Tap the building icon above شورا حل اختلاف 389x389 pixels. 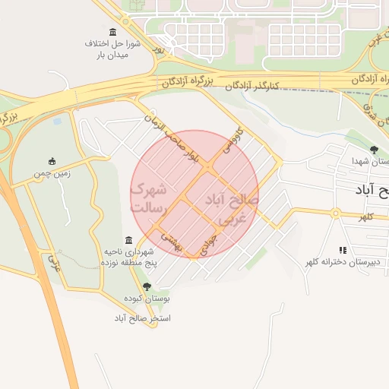[113, 31]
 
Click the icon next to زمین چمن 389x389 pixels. [52, 161]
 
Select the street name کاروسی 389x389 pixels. [229, 142]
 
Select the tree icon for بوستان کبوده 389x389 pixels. [147, 286]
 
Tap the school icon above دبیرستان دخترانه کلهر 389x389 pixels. [343, 249]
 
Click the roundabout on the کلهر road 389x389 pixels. [334, 213]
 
